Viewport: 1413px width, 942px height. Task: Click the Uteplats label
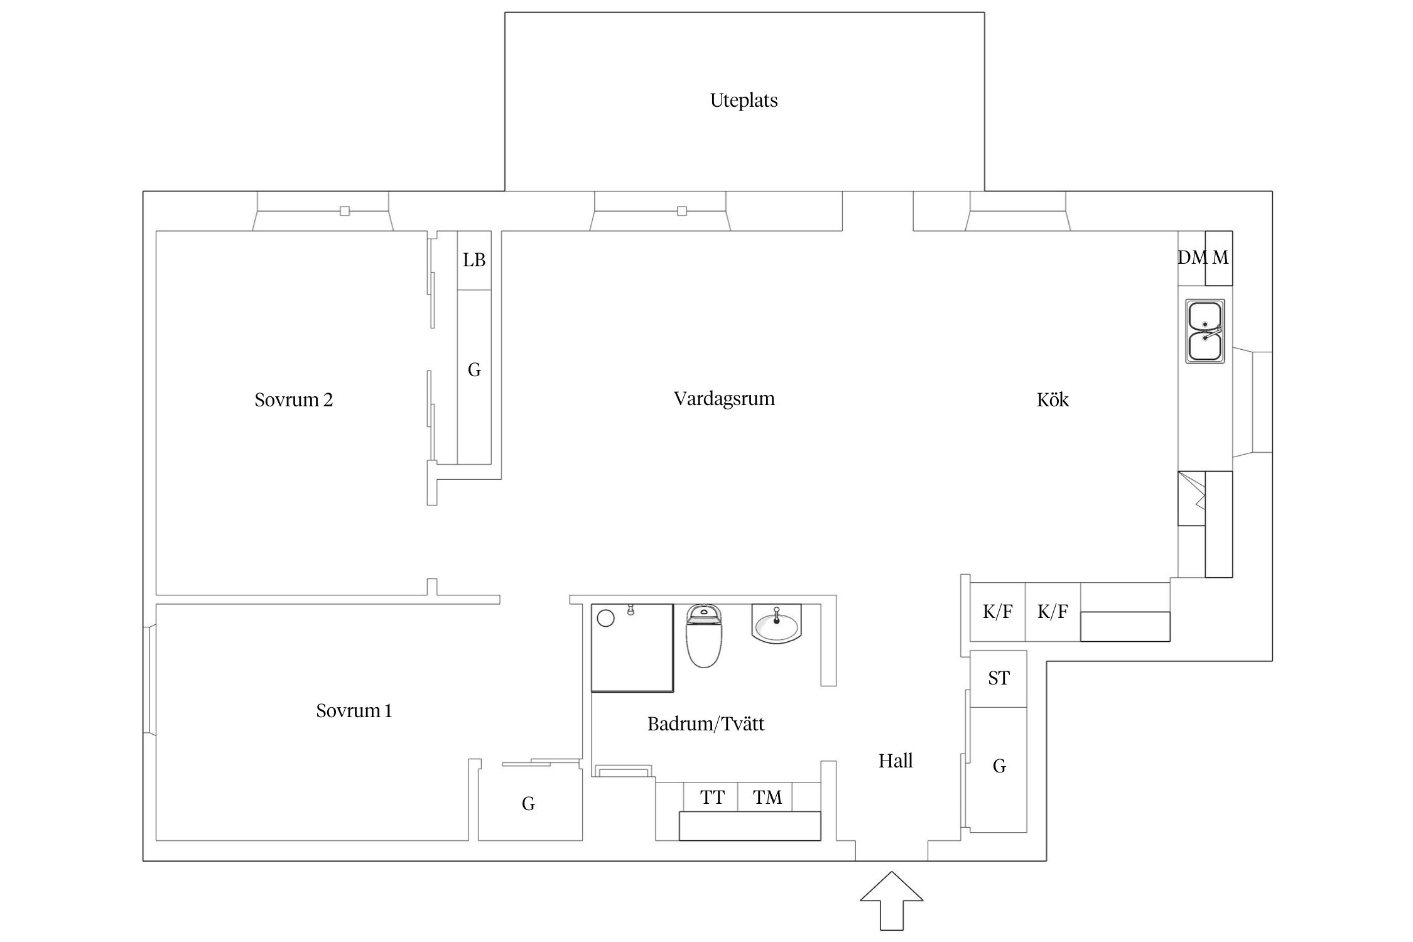744,100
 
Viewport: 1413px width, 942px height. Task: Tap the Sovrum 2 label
293,399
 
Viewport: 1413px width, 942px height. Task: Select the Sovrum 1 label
354,710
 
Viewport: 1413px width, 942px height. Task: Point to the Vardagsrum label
724,399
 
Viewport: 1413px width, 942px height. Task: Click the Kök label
1053,399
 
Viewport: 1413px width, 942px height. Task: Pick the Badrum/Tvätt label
706,723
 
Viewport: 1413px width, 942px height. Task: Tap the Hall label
896,761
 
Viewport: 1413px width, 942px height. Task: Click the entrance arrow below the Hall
892,901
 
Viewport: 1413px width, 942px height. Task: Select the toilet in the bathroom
704,635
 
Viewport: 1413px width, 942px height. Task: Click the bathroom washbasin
777,624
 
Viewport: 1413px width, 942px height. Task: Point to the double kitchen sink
1205,331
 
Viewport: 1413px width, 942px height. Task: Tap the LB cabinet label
474,260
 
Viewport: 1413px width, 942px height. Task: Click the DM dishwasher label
1193,257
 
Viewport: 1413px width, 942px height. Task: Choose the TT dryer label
712,797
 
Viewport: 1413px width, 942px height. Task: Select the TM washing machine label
767,797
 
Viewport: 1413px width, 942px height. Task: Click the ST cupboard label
999,678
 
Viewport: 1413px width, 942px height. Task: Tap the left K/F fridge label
998,611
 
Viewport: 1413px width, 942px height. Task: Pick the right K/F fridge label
1053,611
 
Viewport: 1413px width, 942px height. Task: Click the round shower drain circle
605,619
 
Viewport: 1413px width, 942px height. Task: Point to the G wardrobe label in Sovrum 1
528,803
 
